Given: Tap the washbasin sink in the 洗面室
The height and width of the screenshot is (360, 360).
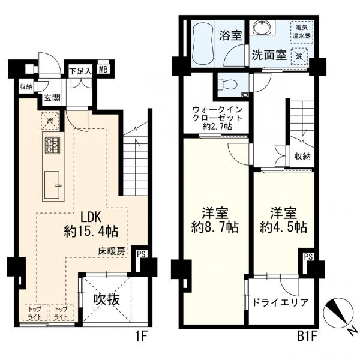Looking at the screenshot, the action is [262, 28].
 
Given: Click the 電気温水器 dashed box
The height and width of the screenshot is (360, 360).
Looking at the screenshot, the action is [302, 32].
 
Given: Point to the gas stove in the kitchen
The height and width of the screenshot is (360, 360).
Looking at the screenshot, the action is [52, 145].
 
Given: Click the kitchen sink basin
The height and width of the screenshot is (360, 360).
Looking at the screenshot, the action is [52, 185].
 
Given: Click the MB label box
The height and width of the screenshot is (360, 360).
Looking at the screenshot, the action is [104, 70].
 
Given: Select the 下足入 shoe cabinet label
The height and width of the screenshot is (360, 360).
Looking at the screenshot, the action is [81, 71].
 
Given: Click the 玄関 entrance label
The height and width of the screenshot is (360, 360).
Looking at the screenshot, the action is [52, 98].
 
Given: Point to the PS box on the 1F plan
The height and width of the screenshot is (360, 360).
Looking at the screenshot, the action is [141, 254].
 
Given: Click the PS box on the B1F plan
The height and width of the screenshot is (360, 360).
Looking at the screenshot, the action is [308, 257].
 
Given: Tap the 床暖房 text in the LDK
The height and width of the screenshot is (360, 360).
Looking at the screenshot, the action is [112, 251].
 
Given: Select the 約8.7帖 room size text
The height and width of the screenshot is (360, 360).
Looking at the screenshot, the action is [215, 227].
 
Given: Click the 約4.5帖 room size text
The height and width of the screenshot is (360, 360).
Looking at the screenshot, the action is [283, 227].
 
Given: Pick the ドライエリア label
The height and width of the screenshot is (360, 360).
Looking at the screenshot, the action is [280, 302].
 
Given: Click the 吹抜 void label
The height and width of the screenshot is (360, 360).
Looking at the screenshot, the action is [106, 299].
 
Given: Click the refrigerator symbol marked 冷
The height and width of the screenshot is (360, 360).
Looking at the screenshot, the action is [50, 121].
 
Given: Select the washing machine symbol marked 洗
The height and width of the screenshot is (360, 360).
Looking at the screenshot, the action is [299, 56].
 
